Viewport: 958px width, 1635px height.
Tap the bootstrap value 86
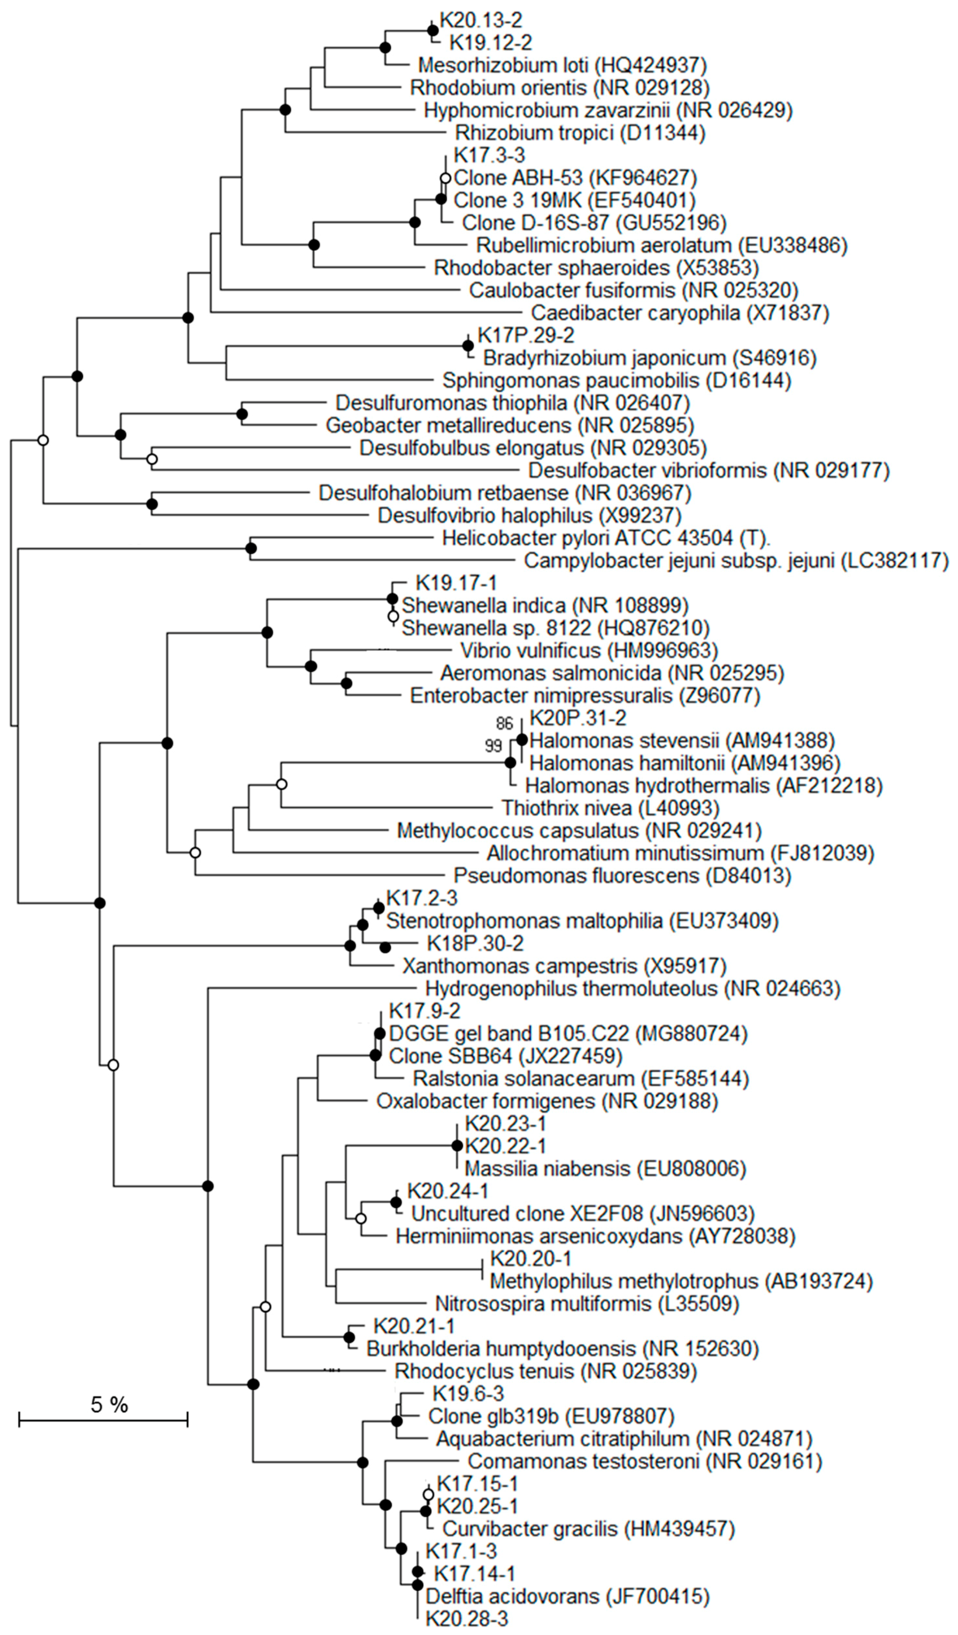point(504,723)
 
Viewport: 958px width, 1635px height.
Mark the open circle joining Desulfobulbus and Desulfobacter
point(152,459)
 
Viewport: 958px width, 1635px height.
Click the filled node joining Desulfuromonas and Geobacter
point(242,414)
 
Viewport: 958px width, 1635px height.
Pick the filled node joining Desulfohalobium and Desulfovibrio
point(152,504)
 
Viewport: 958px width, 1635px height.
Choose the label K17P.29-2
point(526,335)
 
